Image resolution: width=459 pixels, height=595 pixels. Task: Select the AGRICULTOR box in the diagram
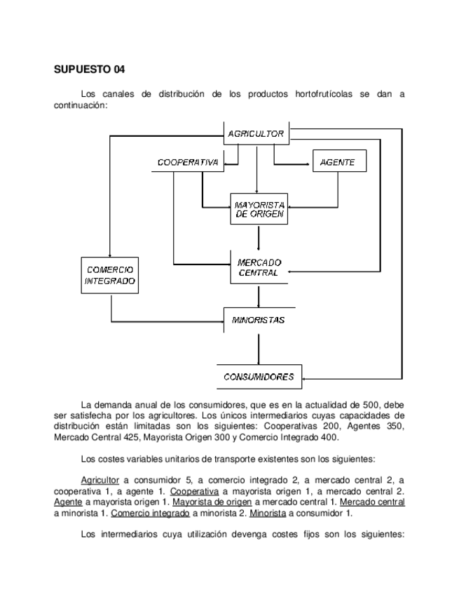256,133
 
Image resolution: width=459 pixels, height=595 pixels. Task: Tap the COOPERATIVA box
186,163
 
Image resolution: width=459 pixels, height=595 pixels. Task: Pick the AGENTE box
338,163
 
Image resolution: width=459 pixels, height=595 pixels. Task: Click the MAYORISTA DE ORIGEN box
259,208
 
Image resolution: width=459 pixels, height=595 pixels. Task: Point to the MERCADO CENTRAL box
259,267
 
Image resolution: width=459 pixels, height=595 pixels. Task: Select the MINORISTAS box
259,320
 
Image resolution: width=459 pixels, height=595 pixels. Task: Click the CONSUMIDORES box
259,377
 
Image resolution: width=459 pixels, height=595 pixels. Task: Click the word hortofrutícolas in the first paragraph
324,93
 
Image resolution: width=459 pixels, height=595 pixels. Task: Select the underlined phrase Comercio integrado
150,512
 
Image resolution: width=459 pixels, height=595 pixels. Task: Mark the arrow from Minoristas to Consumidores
259,349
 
